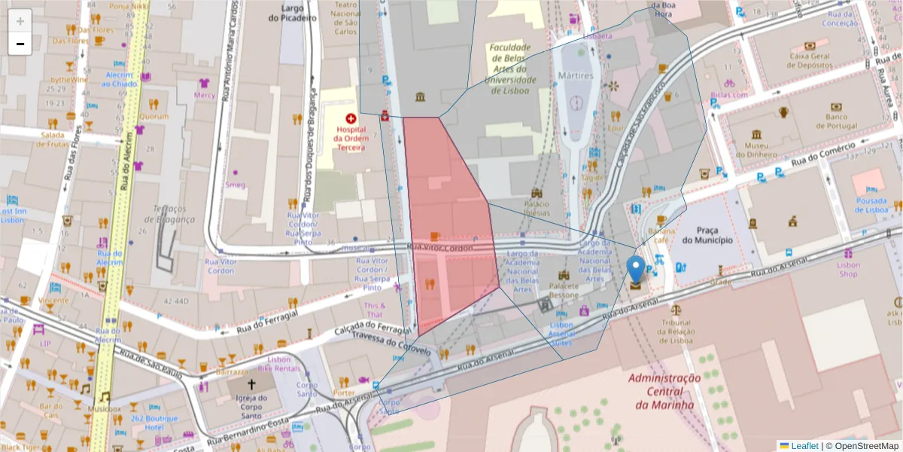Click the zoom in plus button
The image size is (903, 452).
[x=20, y=21]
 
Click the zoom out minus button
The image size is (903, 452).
[x=20, y=44]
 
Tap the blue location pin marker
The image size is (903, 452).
[x=636, y=270]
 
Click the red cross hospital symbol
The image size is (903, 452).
[x=351, y=118]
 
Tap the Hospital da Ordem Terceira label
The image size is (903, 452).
[x=351, y=139]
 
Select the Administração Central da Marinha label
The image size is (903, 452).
[x=664, y=391]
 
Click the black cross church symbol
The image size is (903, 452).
[x=251, y=383]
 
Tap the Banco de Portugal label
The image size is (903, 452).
[x=847, y=121]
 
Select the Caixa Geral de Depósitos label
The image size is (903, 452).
[x=809, y=60]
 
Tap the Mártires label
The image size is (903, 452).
[x=576, y=75]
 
